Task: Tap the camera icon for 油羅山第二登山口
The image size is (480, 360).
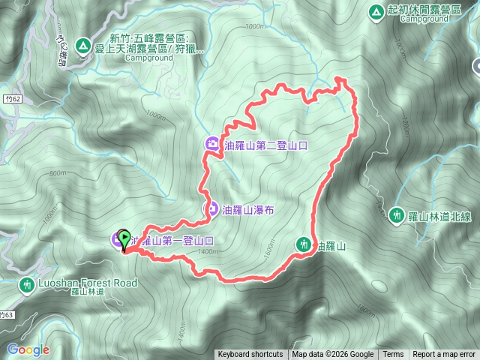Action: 212,145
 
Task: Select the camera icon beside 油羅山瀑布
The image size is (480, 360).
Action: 212,210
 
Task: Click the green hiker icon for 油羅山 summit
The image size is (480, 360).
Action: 304,244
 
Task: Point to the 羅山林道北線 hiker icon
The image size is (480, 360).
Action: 397,215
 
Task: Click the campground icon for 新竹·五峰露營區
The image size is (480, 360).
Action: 82,46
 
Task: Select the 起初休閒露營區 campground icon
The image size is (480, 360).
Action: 376,11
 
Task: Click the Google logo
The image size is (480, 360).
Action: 28,349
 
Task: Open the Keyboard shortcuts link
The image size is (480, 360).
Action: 250,355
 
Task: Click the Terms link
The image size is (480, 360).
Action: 392,355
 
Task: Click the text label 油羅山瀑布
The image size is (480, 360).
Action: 249,211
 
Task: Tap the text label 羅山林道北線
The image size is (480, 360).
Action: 439,216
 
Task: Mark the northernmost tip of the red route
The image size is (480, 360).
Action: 340,77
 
